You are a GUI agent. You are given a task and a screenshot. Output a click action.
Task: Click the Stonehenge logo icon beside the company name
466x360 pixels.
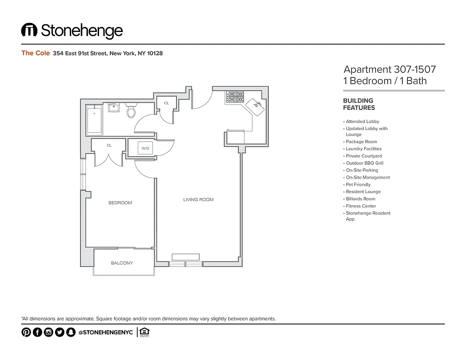coord(29,30)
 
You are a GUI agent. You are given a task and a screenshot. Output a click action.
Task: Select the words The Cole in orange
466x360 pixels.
coord(36,53)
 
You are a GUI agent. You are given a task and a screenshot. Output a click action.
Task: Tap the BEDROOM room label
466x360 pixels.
coord(120,203)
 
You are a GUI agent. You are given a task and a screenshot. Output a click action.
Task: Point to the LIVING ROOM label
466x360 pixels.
coord(198,199)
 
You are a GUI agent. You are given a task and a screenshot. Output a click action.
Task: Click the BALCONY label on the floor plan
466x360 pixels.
coord(122,263)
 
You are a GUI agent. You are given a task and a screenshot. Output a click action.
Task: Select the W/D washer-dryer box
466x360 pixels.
coord(145,148)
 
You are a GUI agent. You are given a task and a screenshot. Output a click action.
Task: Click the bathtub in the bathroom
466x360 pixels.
coord(94,120)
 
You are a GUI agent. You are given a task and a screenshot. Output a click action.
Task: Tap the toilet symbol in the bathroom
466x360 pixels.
coord(131,110)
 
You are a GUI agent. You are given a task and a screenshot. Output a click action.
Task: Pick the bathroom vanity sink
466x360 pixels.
coord(114,107)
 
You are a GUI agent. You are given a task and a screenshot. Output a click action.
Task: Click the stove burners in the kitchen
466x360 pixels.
coord(235,97)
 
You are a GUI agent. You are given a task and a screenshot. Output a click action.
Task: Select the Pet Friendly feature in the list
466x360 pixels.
coord(358,184)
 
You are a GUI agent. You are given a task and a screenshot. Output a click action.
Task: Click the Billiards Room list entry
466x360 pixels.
coord(360,199)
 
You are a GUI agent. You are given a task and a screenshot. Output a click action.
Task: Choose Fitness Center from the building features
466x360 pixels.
coord(361,206)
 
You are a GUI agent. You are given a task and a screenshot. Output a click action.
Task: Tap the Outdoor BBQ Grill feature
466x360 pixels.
coord(364,163)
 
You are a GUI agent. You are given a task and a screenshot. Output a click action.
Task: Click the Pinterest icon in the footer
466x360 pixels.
coord(26,333)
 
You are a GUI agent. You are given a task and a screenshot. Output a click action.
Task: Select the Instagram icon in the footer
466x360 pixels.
coord(48,333)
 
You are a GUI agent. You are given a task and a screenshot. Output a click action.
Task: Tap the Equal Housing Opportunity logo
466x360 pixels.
coord(144,333)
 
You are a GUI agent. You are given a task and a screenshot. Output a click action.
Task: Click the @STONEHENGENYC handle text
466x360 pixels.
coord(105,333)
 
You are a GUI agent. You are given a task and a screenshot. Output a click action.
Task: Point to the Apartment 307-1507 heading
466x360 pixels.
coord(389,69)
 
